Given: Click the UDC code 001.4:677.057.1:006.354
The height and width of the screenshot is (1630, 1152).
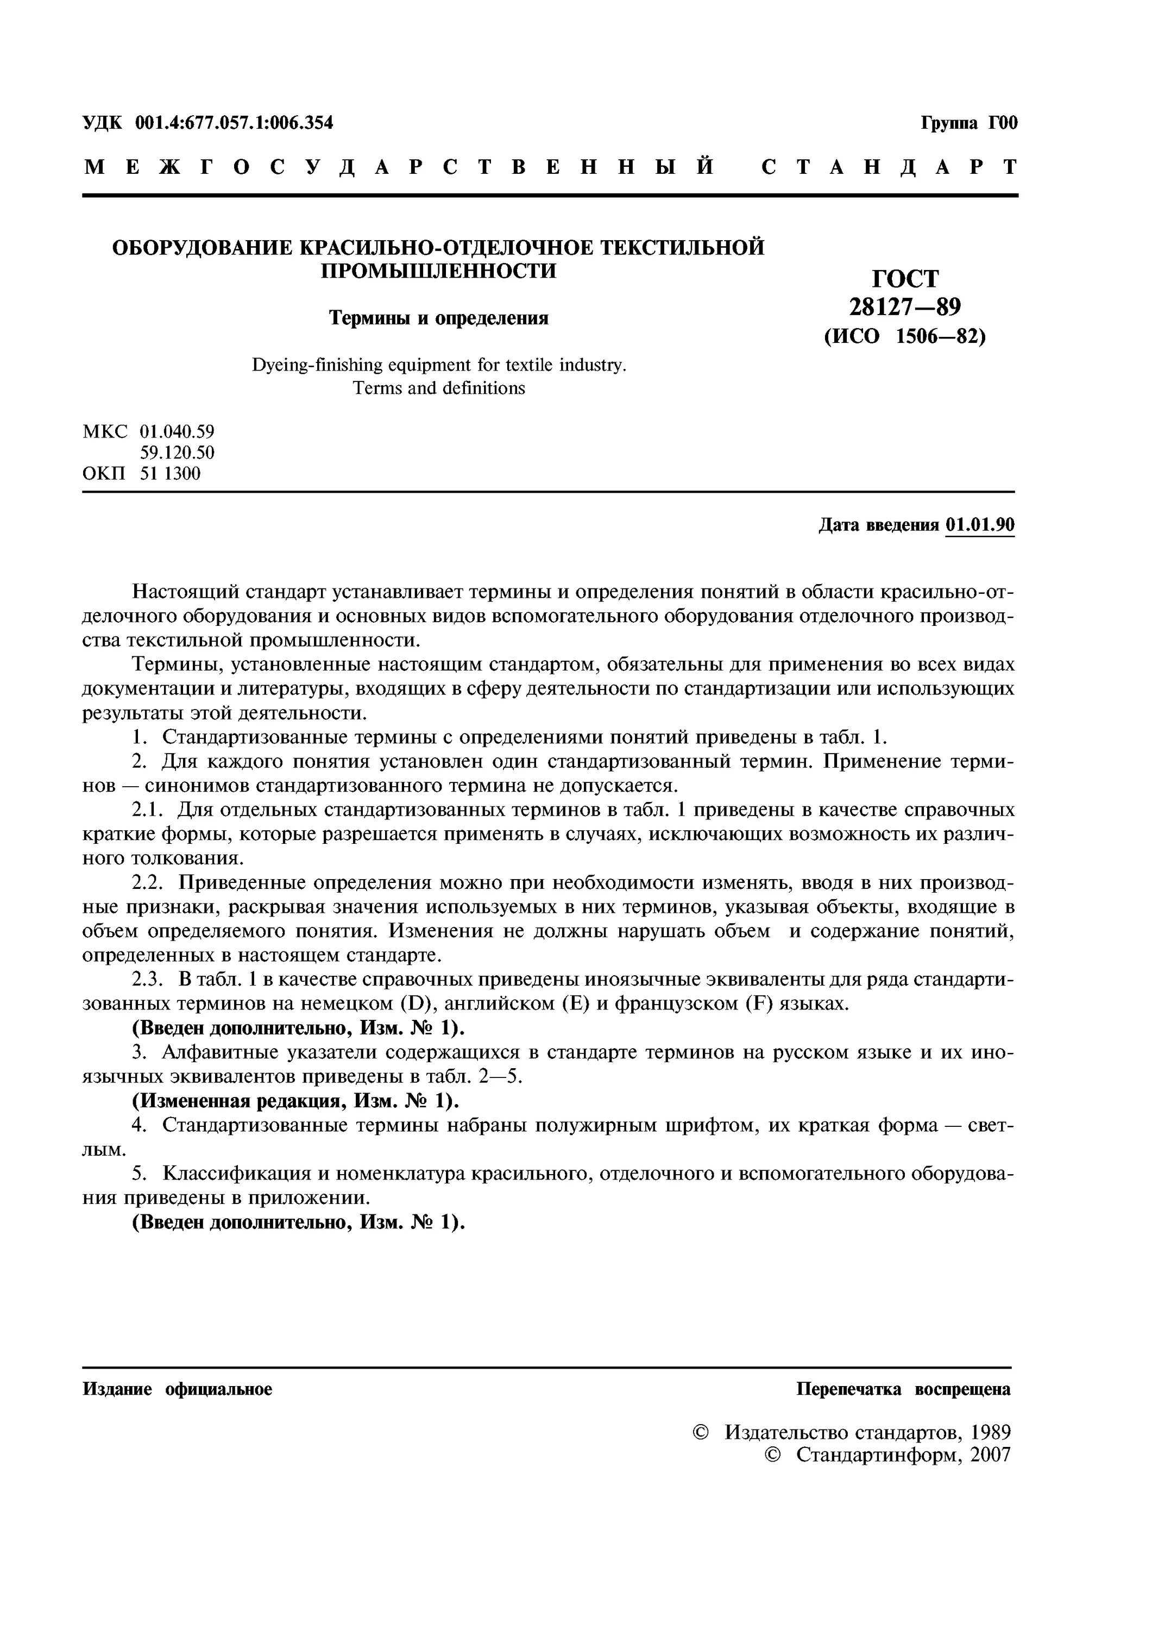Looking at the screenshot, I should click(234, 123).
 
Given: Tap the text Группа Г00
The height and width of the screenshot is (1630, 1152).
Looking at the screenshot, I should click(969, 123).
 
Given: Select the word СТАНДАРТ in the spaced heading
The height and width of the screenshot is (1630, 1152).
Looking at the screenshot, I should click(889, 167).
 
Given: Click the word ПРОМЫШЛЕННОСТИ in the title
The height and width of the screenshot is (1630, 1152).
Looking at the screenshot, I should click(439, 271).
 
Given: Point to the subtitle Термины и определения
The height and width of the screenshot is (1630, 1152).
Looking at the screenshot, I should click(439, 317).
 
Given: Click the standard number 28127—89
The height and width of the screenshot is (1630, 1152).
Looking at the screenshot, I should click(905, 306).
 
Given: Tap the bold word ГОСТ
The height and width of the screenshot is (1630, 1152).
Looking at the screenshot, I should click(905, 278).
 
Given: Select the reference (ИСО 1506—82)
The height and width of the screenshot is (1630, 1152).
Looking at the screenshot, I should click(905, 336).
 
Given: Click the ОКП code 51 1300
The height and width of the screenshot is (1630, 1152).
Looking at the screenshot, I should click(171, 474).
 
